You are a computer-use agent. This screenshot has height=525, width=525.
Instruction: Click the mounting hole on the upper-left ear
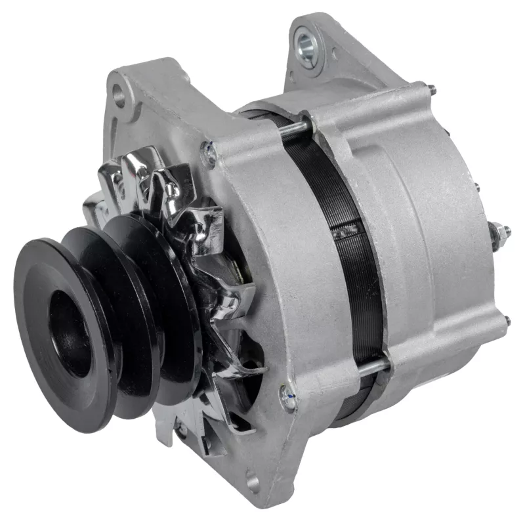click(119, 96)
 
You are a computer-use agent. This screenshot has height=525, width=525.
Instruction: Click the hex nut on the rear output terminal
click(499, 232)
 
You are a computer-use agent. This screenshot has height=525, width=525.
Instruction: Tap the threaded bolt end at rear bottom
click(507, 322)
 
